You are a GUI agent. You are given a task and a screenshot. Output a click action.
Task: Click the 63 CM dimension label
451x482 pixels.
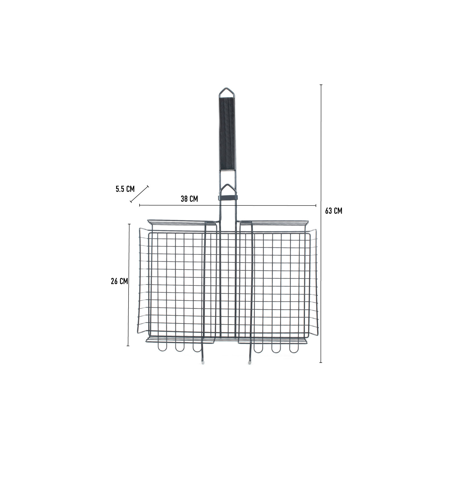[333, 211]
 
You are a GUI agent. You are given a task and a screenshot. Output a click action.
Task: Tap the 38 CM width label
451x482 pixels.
[189, 199]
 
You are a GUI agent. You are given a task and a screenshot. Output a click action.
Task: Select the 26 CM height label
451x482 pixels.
[119, 281]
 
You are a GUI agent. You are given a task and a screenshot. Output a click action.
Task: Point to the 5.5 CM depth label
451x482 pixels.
[125, 189]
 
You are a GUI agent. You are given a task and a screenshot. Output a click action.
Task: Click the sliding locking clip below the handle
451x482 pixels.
[228, 197]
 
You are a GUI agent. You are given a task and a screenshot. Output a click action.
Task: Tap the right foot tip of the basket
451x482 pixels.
[249, 361]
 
